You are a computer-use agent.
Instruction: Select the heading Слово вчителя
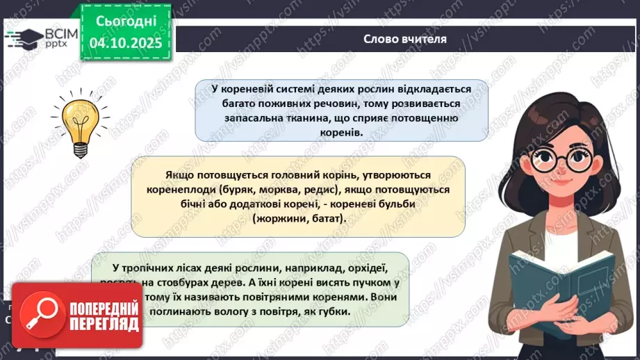[x=405, y=39]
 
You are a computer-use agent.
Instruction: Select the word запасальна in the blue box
[x=254, y=118]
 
